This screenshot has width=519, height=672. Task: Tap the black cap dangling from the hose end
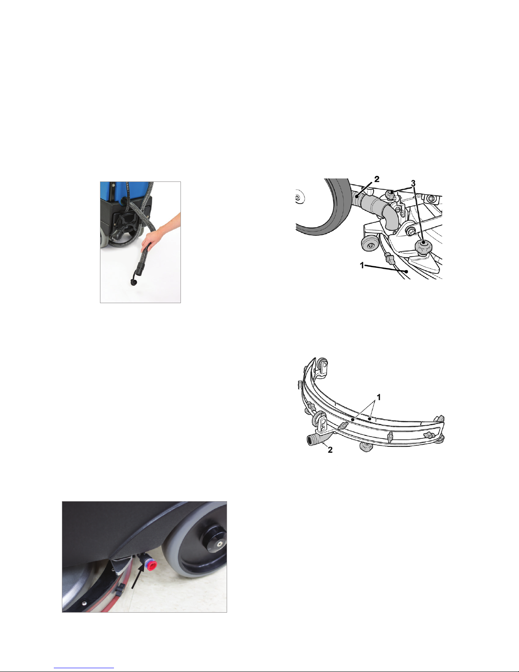[134, 282]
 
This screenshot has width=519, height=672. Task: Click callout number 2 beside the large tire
[377, 179]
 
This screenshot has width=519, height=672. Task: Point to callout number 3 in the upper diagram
[414, 183]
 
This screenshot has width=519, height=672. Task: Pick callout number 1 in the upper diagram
[362, 265]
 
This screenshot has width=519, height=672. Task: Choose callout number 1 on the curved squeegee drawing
[379, 397]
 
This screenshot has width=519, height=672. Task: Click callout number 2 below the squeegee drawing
[330, 450]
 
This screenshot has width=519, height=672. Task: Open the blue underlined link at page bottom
[84, 667]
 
